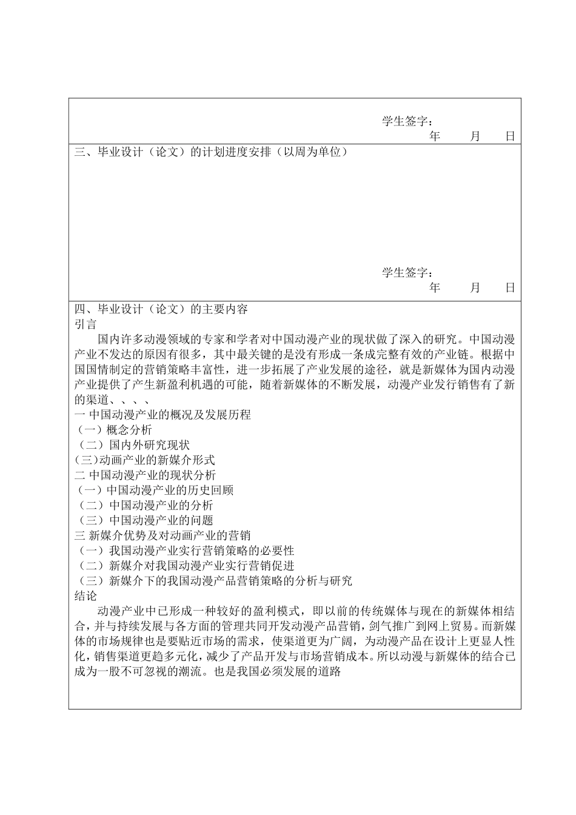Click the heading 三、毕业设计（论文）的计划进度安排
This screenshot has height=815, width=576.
point(210,152)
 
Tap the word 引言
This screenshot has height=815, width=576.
point(85,324)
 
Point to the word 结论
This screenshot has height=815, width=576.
point(85,596)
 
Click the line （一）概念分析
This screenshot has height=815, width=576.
point(113,430)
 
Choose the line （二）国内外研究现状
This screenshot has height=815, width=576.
point(134,445)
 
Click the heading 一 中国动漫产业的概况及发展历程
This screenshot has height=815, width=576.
point(162,415)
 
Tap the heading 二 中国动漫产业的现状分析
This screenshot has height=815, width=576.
point(145,475)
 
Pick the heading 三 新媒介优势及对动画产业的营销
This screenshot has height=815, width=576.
point(162,535)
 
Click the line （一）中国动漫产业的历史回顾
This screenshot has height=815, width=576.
point(154,490)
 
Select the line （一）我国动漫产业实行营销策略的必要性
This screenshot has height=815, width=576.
point(184,551)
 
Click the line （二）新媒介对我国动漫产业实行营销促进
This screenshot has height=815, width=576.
point(184,566)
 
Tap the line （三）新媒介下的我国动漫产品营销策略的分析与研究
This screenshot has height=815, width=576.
point(213,581)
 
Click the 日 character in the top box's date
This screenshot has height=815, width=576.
point(510,136)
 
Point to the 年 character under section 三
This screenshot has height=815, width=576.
point(434,287)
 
